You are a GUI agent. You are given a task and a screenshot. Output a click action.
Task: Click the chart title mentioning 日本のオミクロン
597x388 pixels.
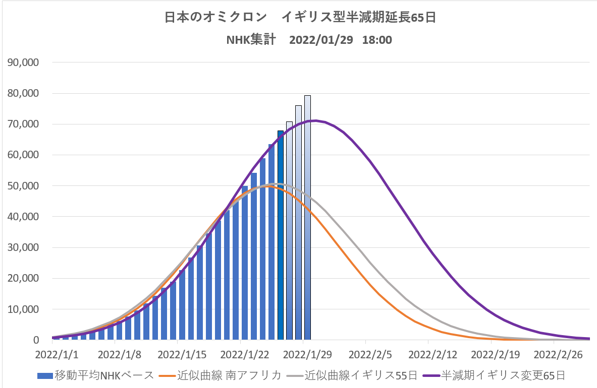coord(300,17)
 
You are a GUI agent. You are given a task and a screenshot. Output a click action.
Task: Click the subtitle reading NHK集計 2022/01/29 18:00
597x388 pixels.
coord(309,40)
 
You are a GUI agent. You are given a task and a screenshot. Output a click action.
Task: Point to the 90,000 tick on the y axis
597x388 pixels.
coord(23,62)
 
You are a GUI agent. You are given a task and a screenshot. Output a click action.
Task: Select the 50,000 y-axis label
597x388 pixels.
coord(23,186)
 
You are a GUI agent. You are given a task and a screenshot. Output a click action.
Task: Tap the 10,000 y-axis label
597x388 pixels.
coord(23,309)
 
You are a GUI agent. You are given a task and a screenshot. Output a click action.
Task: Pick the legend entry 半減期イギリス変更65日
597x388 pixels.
coord(495,375)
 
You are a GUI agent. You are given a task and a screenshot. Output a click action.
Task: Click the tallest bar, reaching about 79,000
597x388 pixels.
coord(307,217)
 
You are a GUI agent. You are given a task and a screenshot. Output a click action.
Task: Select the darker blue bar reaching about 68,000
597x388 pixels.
coord(281,237)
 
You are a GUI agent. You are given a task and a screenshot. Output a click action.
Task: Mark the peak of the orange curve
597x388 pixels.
coord(268,185)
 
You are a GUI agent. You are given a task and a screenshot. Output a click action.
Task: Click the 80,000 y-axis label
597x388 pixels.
coord(23,93)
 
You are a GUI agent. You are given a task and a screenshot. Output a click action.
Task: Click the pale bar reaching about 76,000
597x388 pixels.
coord(298,222)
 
